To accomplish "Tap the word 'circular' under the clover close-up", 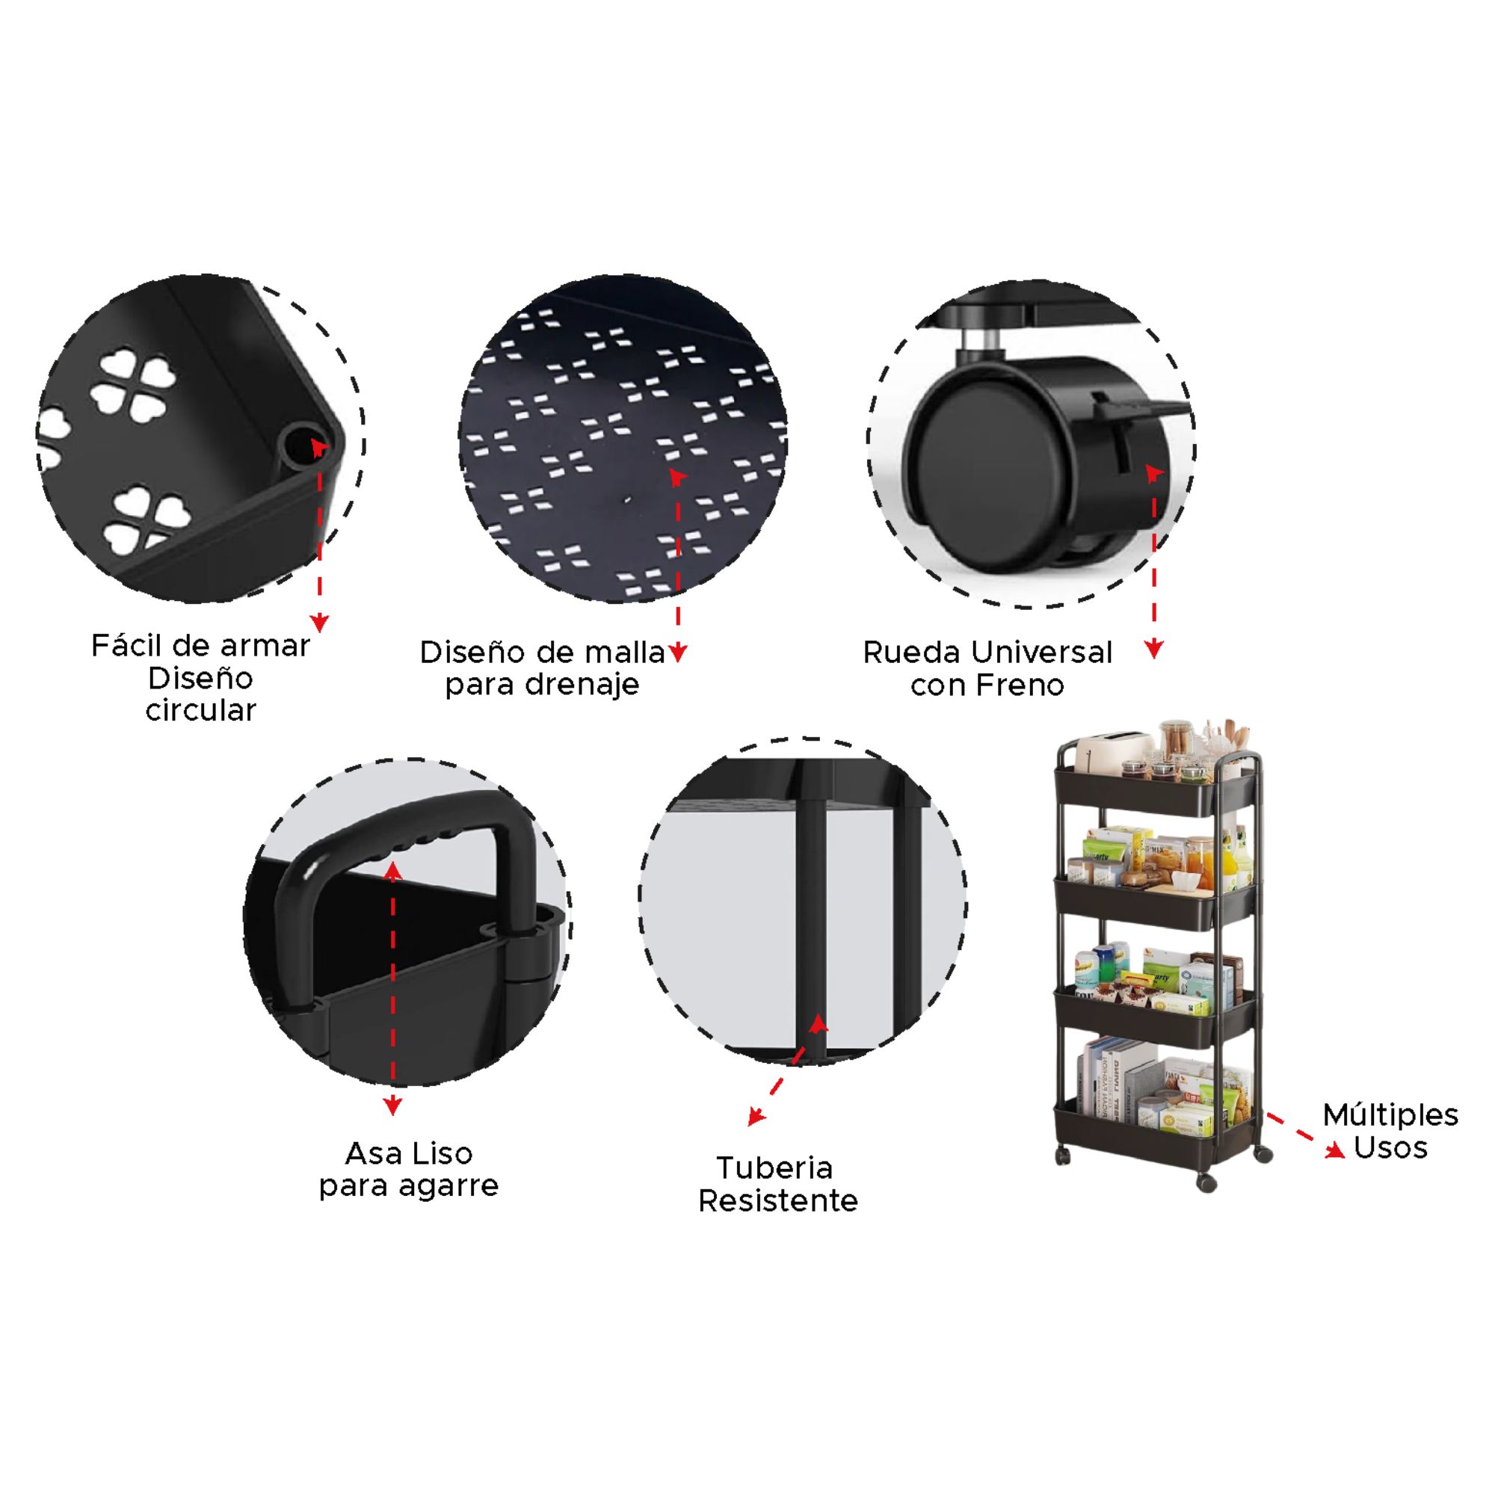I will [x=200, y=710].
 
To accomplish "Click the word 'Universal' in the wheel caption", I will [x=1043, y=653].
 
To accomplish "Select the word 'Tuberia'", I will [x=774, y=1168].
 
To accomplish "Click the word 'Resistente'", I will [x=777, y=1201].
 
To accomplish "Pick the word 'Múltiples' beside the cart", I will [x=1390, y=1115].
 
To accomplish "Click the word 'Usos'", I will [x=1390, y=1147].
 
